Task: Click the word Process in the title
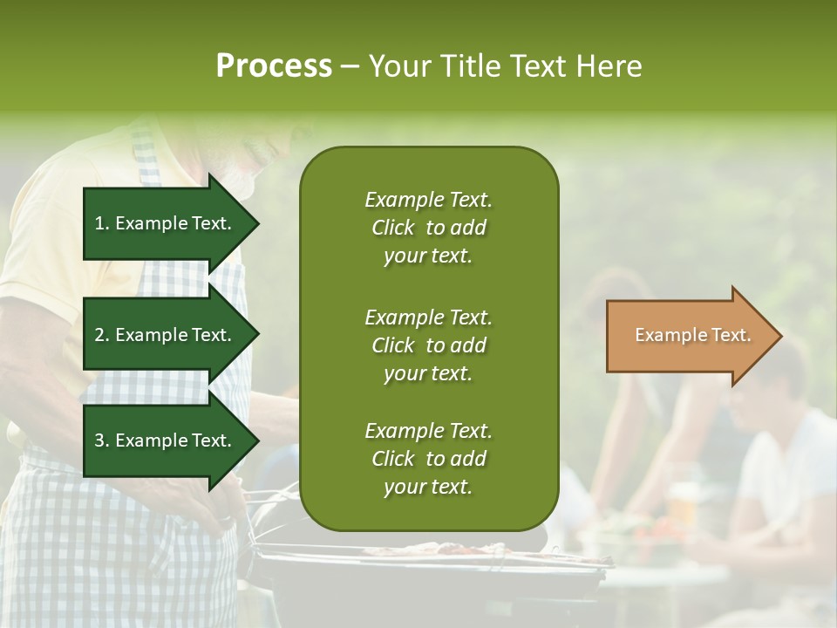pyautogui.click(x=274, y=66)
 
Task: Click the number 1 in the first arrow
pyautogui.click(x=99, y=223)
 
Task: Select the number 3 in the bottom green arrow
pyautogui.click(x=99, y=440)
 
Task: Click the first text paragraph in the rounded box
pyautogui.click(x=428, y=228)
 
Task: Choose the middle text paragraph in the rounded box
pyautogui.click(x=428, y=345)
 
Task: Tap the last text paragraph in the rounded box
pyautogui.click(x=428, y=459)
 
